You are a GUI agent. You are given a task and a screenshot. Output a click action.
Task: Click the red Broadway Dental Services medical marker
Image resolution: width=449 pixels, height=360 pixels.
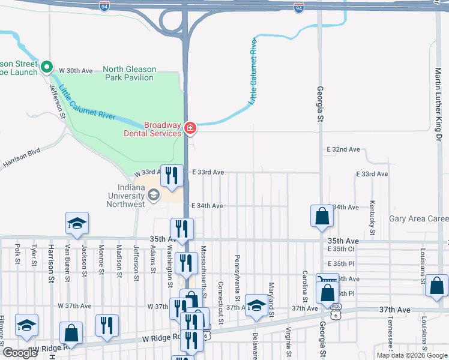[190, 128]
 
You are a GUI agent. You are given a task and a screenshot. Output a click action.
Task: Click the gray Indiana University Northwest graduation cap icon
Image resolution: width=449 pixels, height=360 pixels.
[154, 194]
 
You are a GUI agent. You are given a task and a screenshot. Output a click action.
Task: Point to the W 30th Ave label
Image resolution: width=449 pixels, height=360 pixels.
[76, 71]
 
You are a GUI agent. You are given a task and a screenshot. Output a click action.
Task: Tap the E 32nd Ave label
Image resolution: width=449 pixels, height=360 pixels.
[343, 149]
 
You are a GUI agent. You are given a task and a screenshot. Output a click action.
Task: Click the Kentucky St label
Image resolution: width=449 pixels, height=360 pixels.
[373, 217]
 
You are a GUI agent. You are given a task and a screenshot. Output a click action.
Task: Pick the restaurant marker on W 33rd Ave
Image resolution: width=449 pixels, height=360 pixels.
[172, 176]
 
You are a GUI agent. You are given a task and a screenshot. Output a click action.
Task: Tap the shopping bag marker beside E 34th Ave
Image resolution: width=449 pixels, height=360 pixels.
[322, 217]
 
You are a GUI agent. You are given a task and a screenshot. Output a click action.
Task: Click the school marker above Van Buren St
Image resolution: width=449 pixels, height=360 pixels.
[77, 224]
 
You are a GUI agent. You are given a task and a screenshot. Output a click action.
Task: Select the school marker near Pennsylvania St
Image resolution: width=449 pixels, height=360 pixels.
[256, 306]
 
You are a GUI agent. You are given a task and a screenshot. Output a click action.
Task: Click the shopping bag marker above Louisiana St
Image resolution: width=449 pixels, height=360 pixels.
[436, 286]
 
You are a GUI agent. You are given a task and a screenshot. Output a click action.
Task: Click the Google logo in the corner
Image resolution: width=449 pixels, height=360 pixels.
[20, 353]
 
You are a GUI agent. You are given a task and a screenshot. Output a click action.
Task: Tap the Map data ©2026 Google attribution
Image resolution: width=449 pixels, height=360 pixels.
[412, 355]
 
